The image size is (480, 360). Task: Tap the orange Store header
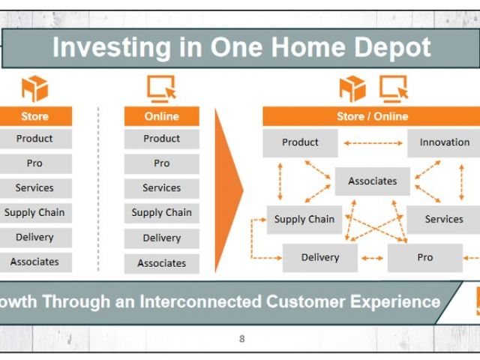click(36, 116)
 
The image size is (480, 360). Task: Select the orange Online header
click(162, 116)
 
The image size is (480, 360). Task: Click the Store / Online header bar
click(371, 116)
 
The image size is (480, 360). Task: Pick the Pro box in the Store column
click(36, 163)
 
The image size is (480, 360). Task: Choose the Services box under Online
click(162, 188)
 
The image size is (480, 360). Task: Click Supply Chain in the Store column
click(36, 213)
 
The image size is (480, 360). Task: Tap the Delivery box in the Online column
click(162, 238)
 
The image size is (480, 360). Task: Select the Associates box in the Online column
click(162, 263)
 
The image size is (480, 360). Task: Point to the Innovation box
click(443, 143)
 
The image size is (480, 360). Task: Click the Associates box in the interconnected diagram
click(372, 181)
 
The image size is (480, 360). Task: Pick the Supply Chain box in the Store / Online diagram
click(304, 220)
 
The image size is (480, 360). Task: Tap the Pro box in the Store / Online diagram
click(425, 258)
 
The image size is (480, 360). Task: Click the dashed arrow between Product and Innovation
click(373, 143)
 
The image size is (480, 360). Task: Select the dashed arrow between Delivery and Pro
click(372, 258)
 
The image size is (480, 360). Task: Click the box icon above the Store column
click(35, 88)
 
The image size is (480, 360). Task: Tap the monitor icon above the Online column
click(162, 88)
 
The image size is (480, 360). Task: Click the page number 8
click(241, 339)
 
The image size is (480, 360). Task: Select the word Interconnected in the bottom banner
click(200, 301)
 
